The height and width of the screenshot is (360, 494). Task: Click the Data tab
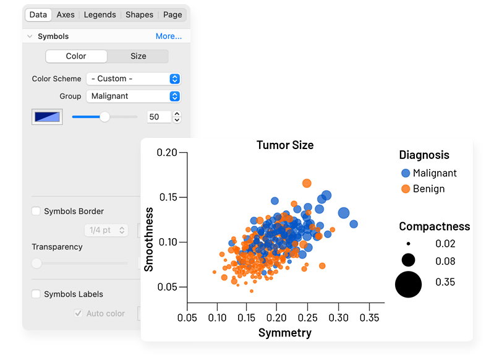pos(38,15)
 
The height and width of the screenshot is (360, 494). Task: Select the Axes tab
pos(66,15)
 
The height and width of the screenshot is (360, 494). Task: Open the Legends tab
pos(100,15)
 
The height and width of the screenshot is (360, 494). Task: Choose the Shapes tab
pos(139,15)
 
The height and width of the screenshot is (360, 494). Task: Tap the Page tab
pos(172,15)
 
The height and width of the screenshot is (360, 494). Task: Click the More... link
pos(168,36)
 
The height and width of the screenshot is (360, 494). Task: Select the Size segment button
pos(138,56)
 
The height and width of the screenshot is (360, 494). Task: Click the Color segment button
pos(76,56)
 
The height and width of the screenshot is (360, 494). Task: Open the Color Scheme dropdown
pos(133,79)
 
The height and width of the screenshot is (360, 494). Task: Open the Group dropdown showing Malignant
pos(133,96)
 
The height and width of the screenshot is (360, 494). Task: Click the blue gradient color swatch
pos(47,117)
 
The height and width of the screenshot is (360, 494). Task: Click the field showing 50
pos(158,117)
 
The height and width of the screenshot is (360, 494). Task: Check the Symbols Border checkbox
pos(36,212)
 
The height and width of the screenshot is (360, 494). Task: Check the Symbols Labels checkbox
pos(36,294)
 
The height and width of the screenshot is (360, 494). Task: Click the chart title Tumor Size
pos(285,145)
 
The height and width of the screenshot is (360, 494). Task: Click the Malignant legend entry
pos(428,173)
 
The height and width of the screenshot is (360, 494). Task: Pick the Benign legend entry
pos(422,189)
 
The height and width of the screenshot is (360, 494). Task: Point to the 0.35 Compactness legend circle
pos(408,285)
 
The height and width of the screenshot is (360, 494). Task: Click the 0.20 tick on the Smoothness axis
pos(167,153)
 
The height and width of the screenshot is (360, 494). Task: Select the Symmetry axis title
pos(284,333)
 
